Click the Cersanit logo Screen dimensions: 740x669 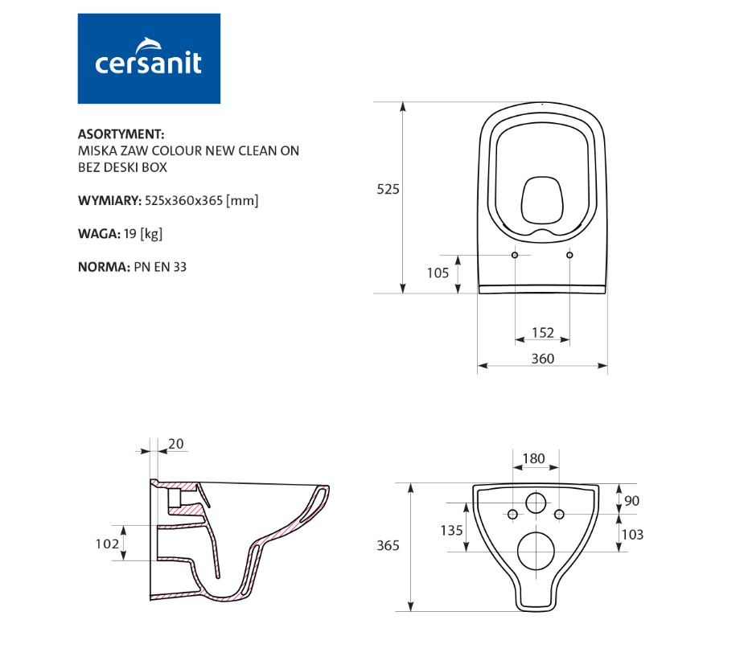(x=149, y=59)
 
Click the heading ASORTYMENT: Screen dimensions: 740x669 (x=121, y=134)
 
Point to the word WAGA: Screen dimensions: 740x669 (x=99, y=233)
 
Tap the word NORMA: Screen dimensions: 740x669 (x=104, y=267)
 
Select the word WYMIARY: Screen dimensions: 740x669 (x=109, y=200)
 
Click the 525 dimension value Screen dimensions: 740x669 (x=388, y=190)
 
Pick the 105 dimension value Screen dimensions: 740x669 (x=438, y=273)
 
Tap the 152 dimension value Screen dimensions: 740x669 (x=543, y=333)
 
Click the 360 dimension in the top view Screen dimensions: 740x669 (x=543, y=359)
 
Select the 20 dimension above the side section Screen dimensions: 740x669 (x=176, y=444)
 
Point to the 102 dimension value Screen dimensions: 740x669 (x=107, y=544)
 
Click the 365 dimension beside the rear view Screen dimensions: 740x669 (x=388, y=545)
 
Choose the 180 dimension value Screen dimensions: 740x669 (x=534, y=458)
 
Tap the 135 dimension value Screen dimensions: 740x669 (x=452, y=530)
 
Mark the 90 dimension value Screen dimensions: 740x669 (x=632, y=501)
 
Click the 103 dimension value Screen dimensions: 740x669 (x=632, y=535)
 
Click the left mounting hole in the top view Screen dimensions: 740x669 (x=515, y=255)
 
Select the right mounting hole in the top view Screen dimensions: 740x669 (x=569, y=255)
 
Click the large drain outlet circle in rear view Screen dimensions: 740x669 (x=536, y=551)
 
